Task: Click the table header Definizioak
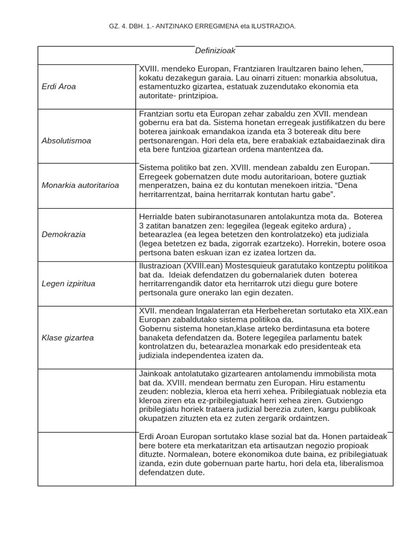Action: [215, 51]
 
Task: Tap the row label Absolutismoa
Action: [66, 141]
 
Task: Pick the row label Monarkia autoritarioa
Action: [80, 185]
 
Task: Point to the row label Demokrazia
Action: [63, 234]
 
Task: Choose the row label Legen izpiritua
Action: [68, 284]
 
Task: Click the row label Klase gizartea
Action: [68, 337]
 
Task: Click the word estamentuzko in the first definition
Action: [163, 87]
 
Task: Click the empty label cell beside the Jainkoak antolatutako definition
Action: [87, 400]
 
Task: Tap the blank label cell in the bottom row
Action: [87, 459]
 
